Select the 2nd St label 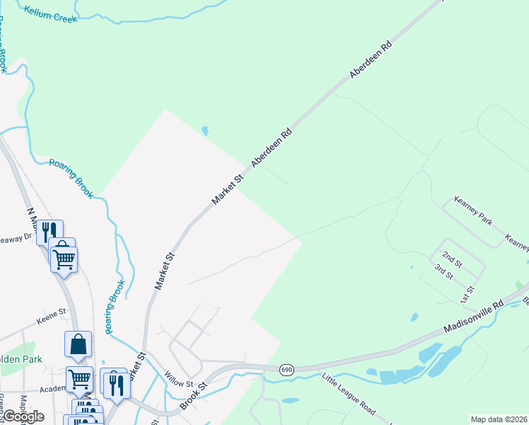point(452,259)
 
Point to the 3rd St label point(443,271)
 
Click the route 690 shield point(286,370)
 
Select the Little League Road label point(349,394)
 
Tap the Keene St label point(51,311)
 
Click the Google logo point(24,416)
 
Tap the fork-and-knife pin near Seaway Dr point(50,232)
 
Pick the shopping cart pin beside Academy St point(79,379)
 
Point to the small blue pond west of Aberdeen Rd point(205,130)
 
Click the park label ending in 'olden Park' point(21,359)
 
